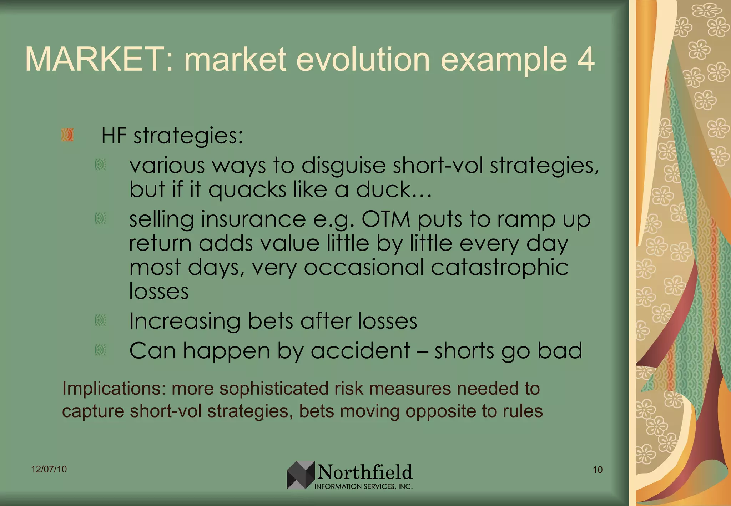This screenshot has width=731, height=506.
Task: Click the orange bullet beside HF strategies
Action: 67,135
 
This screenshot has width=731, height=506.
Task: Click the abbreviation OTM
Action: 386,219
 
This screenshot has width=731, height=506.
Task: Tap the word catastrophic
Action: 499,268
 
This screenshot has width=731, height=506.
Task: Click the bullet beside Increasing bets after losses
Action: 100,320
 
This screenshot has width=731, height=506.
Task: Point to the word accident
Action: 360,351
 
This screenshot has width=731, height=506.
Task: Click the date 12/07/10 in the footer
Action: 49,469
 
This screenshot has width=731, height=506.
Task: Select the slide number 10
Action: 598,470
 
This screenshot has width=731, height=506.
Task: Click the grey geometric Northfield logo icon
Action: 301,475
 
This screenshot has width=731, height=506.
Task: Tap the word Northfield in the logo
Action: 365,472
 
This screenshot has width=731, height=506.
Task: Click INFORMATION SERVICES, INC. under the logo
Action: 363,486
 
